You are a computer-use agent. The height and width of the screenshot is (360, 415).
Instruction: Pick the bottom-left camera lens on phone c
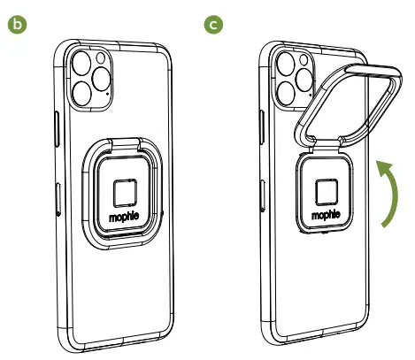point(288,90)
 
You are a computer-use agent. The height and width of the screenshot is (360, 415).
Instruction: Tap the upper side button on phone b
point(56,123)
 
